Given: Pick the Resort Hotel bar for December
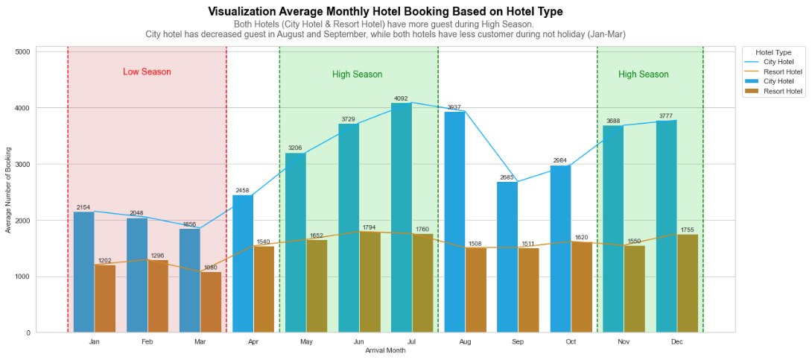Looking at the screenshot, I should [x=688, y=283].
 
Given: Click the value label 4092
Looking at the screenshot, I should [x=402, y=98].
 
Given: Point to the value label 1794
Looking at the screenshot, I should [x=369, y=227].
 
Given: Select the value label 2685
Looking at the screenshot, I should [x=507, y=177].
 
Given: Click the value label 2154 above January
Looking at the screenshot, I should [x=83, y=207].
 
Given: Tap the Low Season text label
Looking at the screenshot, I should [x=147, y=72].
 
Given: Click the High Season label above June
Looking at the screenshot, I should [x=357, y=75].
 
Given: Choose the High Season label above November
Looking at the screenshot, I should [x=643, y=75].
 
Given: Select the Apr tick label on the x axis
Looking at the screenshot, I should [x=253, y=342].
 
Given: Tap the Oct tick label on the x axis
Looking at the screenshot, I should [x=571, y=342].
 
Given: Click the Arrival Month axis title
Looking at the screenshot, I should [x=385, y=350].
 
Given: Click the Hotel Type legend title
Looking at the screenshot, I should [x=773, y=52].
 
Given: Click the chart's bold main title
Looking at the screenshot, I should [x=385, y=12].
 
